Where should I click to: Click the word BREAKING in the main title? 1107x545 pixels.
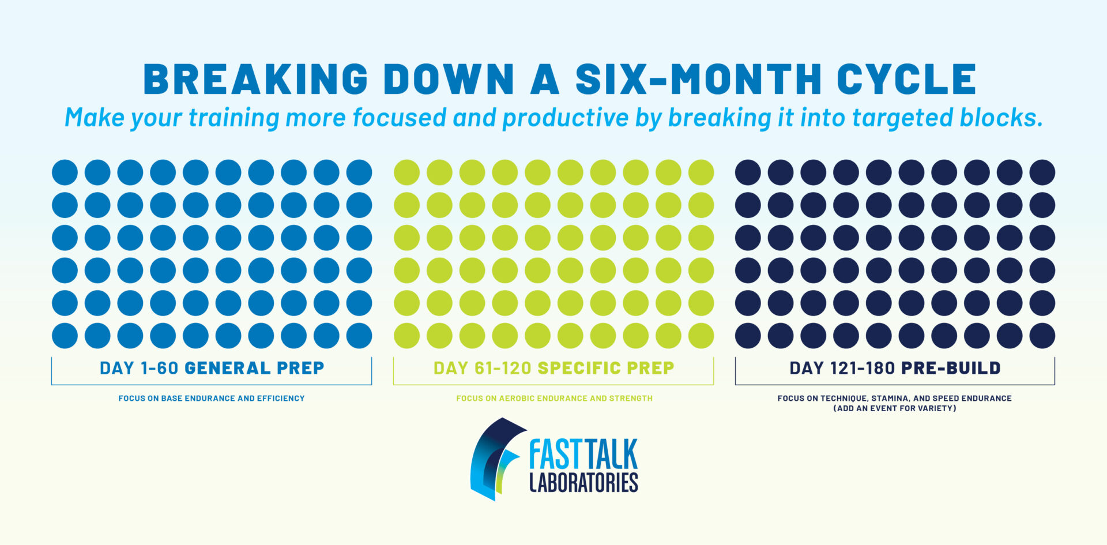255,79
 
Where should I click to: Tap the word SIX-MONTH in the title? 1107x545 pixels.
698,79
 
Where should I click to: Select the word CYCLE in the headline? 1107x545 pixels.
906,79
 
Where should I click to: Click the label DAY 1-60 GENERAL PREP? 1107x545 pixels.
212,368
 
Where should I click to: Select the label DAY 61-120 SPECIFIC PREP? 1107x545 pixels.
553,368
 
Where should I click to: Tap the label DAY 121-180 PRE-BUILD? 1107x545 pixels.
895,368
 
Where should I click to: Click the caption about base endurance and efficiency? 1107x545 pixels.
212,398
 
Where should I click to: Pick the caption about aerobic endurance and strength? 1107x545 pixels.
554,398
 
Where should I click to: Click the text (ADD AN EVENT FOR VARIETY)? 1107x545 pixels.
895,408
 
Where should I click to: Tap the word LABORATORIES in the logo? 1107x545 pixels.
583,482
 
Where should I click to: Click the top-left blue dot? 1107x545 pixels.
65,172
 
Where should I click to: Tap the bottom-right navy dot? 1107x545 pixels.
1042,336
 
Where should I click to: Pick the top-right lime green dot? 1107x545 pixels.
701,172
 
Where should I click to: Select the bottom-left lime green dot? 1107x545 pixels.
406,336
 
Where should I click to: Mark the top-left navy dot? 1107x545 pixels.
748,172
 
